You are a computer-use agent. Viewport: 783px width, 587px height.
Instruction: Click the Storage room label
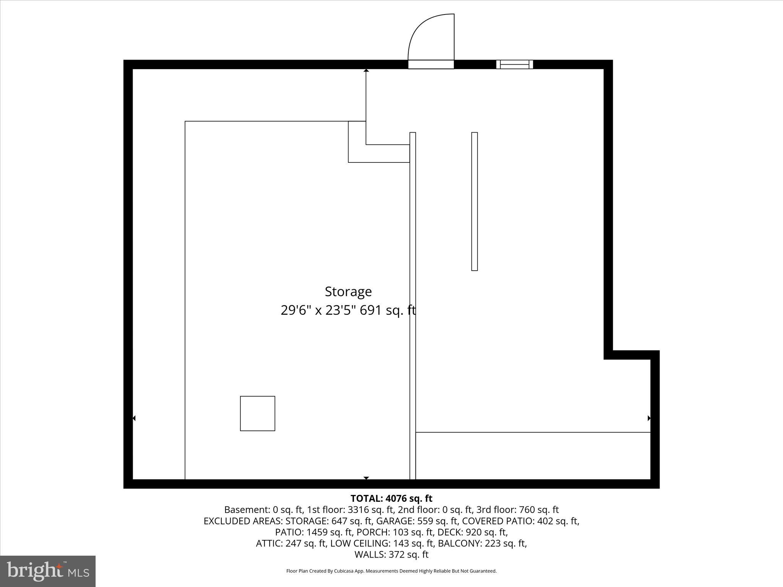348,292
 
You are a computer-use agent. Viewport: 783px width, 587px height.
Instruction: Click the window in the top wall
515,64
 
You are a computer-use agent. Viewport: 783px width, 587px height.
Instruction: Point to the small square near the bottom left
257,413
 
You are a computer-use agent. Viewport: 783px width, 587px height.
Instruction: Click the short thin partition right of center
474,201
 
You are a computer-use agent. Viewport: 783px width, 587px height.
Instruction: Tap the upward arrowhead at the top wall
366,70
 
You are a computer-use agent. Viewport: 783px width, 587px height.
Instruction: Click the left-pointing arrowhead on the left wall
134,418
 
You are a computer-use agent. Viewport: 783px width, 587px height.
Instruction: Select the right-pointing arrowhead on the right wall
649,418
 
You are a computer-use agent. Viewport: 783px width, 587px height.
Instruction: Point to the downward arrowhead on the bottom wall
366,478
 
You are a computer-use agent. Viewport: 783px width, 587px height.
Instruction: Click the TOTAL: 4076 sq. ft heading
391,498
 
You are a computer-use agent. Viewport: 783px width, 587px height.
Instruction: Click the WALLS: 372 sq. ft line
391,555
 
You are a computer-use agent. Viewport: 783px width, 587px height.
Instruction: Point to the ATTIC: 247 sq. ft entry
291,543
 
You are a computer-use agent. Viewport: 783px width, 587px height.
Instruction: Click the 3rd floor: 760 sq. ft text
517,509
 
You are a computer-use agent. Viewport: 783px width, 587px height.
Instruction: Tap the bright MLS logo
48,571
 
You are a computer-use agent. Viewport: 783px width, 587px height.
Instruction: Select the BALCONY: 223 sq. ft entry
482,543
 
